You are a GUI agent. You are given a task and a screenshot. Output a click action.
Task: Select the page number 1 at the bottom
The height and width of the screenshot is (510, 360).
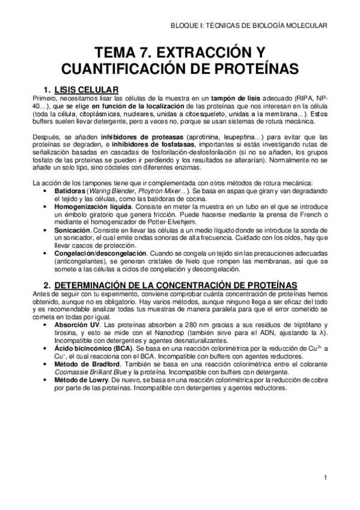pyautogui.click(x=325, y=478)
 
